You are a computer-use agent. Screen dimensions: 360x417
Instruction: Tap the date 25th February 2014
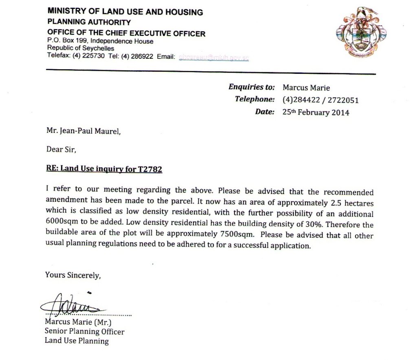tap(316, 112)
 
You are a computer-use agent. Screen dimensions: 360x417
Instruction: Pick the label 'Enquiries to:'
tap(252, 87)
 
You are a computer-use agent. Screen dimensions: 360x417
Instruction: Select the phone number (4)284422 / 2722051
tap(320, 100)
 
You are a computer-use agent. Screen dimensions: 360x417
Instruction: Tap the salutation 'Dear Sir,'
tap(61, 150)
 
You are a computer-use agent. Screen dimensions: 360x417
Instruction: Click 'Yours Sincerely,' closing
tap(73, 275)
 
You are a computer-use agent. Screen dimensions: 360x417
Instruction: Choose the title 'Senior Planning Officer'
tap(84, 331)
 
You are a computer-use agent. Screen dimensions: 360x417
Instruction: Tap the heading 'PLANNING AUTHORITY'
tap(89, 22)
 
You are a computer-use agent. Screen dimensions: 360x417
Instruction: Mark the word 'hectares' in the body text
tap(358, 203)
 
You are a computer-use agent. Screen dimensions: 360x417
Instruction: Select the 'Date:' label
tap(265, 112)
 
